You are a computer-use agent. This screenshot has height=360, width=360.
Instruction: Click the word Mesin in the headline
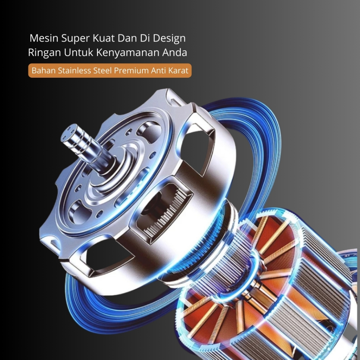coord(44,38)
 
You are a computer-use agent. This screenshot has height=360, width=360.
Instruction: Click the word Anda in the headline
coord(175,52)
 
